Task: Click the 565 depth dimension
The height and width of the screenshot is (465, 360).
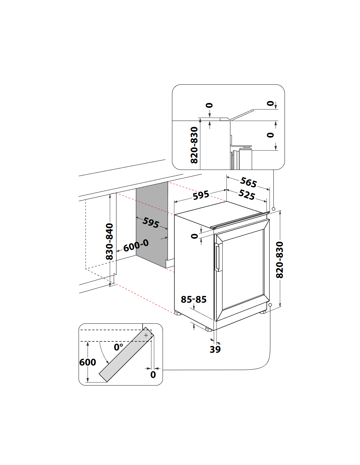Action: [x=248, y=182]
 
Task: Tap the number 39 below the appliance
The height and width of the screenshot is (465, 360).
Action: [x=215, y=349]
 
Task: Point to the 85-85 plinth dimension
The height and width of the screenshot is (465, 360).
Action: [x=194, y=299]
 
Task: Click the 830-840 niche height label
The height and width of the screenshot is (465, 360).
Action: [x=109, y=241]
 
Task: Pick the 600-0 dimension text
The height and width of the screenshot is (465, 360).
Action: [x=136, y=245]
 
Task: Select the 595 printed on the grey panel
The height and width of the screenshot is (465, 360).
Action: [x=151, y=222]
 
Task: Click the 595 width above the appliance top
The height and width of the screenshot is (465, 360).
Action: [x=201, y=195]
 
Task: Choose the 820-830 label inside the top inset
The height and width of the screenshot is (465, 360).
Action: [x=194, y=145]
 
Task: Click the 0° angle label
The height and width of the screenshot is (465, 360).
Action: [x=118, y=347]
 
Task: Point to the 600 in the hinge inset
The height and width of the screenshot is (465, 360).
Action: [x=88, y=362]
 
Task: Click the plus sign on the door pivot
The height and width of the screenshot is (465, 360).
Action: [x=146, y=335]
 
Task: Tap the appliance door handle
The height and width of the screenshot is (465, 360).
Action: [x=217, y=257]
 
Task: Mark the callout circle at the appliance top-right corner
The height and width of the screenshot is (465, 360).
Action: [x=274, y=209]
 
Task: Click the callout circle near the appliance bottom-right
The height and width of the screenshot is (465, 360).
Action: [x=270, y=305]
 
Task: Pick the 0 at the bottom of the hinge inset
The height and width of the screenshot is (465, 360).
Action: [x=153, y=375]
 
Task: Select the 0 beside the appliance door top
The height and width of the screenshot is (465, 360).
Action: [x=195, y=236]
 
